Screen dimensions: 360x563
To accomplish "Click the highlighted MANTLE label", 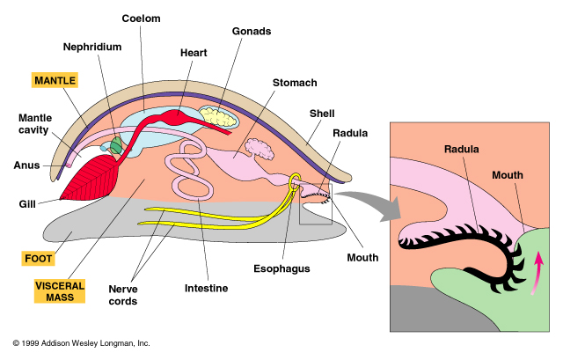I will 55,80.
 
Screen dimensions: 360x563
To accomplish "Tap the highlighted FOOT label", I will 39,260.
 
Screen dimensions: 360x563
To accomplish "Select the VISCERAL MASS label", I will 59,292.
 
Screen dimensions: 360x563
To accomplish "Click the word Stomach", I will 295,83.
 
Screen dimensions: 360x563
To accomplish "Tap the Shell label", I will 321,113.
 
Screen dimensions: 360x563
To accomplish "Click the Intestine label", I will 207,288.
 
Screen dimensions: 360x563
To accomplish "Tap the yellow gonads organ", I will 217,114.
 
